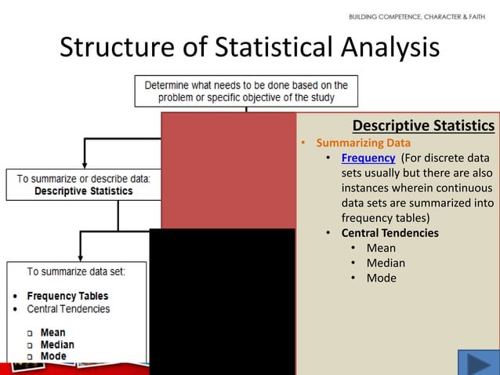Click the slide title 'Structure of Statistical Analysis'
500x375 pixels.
(249, 48)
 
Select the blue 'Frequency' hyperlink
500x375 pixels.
(368, 158)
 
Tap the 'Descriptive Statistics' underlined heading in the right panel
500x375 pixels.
(423, 126)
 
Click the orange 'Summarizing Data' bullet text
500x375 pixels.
(363, 143)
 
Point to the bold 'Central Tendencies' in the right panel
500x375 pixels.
(389, 233)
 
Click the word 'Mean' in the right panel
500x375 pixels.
(381, 248)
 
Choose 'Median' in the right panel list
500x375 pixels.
(386, 263)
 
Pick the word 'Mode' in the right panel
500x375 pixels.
(381, 278)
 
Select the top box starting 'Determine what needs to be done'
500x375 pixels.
(246, 91)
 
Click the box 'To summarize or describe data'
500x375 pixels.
(83, 184)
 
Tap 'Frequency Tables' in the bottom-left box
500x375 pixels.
(67, 296)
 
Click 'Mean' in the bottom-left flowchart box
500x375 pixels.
(53, 333)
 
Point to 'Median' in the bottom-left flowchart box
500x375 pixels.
(57, 344)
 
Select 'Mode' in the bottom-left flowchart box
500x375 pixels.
(53, 356)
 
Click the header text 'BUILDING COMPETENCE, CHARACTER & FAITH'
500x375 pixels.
(416, 16)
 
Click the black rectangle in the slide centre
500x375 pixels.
(222, 302)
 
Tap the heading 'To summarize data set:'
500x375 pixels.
(75, 271)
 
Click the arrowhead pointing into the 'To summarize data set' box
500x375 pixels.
(78, 256)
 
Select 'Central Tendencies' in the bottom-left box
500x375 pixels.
(68, 308)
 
